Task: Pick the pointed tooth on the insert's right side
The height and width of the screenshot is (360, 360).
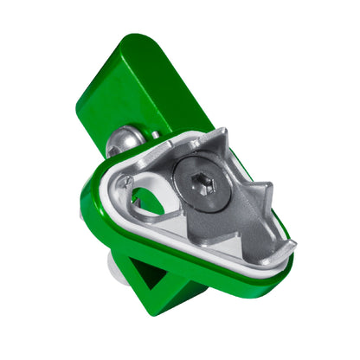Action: point(264,189)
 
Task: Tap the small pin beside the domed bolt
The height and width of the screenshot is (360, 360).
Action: point(153,136)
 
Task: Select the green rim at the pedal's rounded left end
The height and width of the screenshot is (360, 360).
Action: point(89,203)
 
